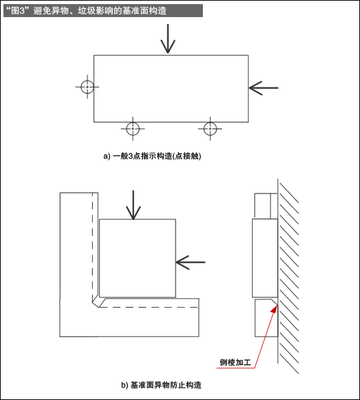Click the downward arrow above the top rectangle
click(167, 38)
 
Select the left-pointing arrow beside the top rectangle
click(264, 87)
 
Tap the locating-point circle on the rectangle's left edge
click(86, 87)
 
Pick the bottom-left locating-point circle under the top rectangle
click(133, 128)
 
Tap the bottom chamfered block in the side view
click(264, 318)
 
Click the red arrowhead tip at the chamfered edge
click(275, 307)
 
